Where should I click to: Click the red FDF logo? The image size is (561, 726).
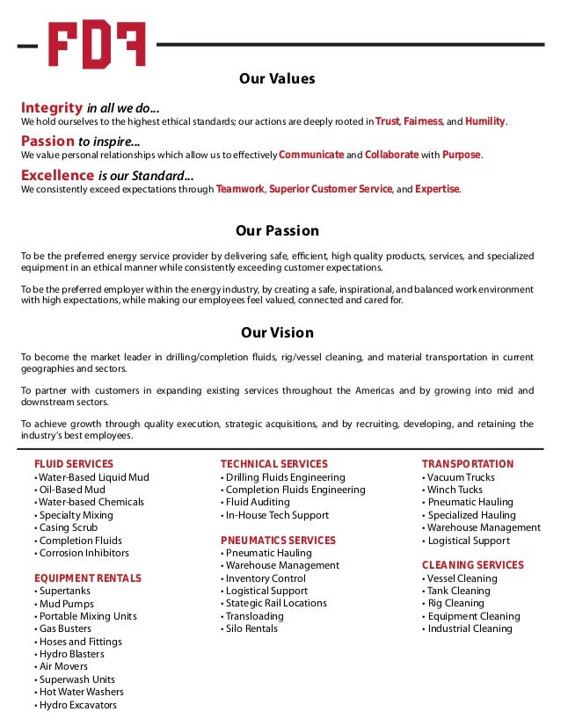97,45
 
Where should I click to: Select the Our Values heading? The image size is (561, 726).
277,79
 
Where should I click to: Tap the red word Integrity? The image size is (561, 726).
52,106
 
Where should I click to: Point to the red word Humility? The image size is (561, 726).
485,120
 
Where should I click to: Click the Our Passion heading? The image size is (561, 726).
277,231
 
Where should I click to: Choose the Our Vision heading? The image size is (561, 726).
277,333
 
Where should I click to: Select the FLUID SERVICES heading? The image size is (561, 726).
74,464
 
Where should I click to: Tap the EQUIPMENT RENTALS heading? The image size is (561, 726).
87,578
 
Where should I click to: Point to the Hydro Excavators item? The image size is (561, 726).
78,705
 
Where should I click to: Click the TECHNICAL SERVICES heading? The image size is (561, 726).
273,464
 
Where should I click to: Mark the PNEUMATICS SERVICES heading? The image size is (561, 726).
278,540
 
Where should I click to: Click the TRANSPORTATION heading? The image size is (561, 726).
467,464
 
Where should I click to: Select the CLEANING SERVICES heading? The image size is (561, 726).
472,565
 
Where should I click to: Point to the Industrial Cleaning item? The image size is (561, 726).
470,628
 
